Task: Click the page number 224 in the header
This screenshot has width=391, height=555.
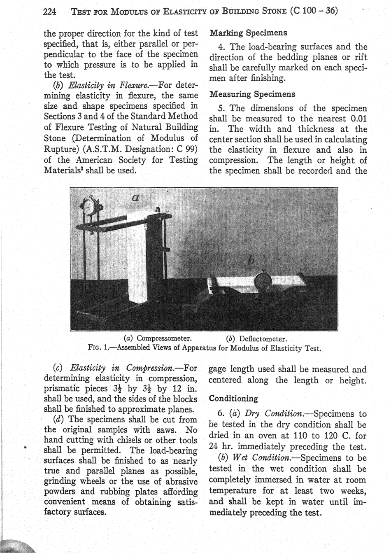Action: [x=50, y=12]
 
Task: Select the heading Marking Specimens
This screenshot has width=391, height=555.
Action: [x=248, y=33]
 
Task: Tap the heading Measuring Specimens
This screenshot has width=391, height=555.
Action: [x=252, y=94]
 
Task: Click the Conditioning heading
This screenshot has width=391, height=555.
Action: [x=233, y=399]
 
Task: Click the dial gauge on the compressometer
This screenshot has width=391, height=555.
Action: [x=90, y=207]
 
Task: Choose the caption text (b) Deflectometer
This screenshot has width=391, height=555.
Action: [x=256, y=339]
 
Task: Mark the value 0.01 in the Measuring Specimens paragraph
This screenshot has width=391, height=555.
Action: [x=356, y=119]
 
